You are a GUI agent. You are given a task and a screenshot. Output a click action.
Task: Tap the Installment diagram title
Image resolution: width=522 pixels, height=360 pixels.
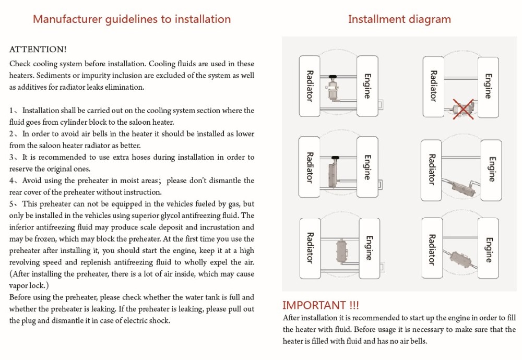[x=399, y=19]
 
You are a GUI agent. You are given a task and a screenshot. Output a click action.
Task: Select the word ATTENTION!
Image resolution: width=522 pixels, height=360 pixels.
[x=38, y=50]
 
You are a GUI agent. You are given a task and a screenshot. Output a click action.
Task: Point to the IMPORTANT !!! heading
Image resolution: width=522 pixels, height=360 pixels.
[x=321, y=305]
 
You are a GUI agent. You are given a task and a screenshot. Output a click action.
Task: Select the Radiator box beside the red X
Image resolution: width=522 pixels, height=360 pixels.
[x=433, y=86]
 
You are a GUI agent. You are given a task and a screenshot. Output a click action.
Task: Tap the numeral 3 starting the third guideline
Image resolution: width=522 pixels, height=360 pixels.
[x=12, y=157]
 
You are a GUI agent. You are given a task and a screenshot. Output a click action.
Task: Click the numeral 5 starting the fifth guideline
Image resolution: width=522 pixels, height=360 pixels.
[x=12, y=204]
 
